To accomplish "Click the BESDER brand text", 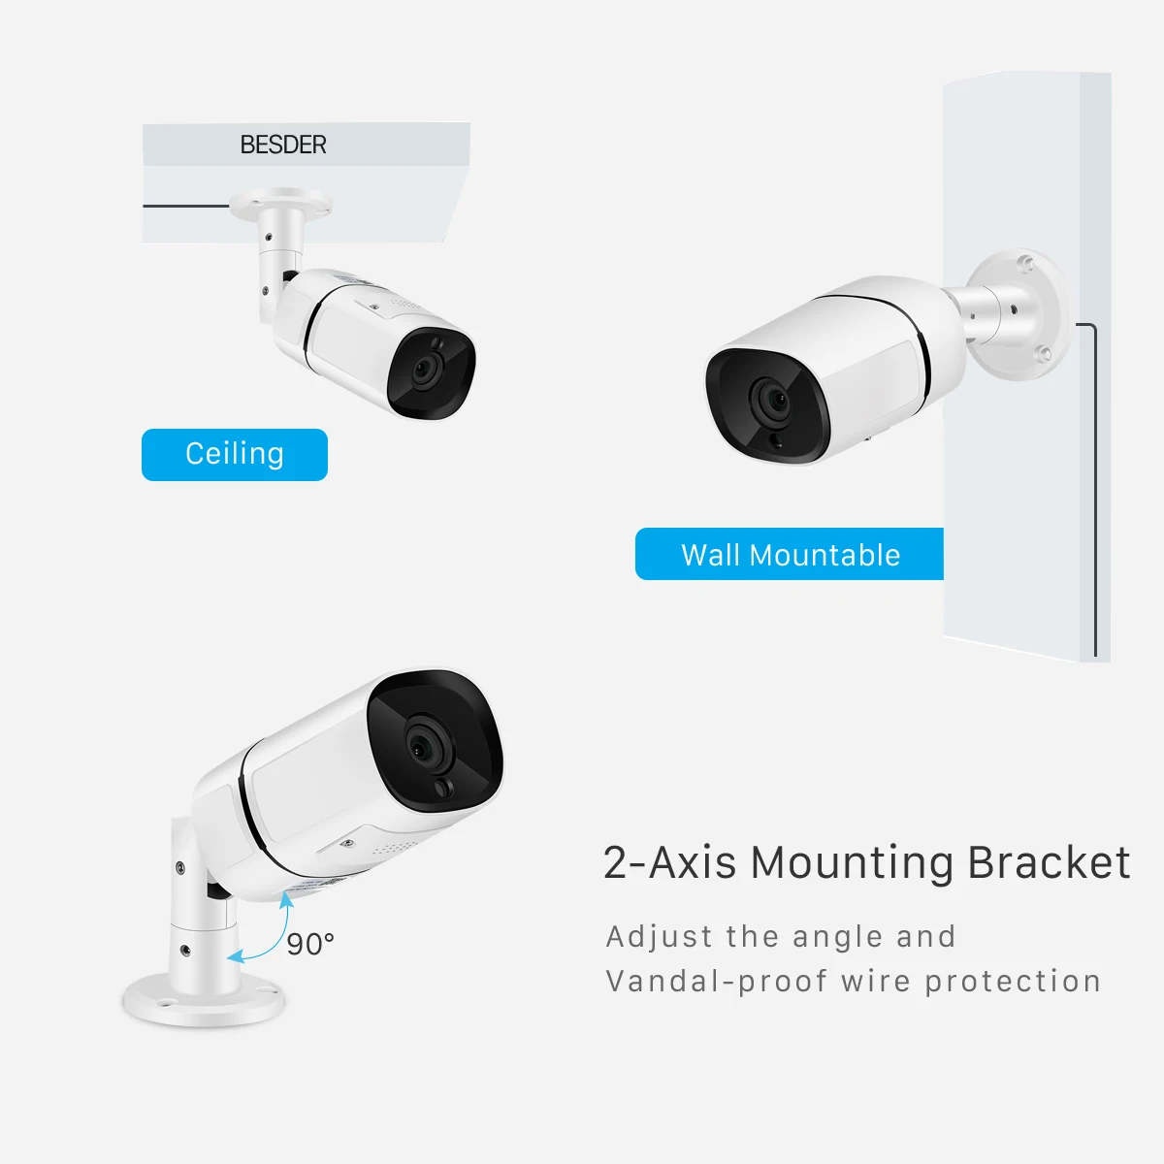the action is (x=283, y=145).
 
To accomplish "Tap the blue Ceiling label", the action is (x=235, y=454).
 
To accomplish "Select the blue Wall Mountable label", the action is (x=790, y=555).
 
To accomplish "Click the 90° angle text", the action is (x=310, y=943).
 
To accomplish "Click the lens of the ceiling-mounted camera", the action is (x=426, y=370).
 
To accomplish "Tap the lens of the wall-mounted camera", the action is (x=773, y=398).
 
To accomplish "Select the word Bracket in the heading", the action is (x=1050, y=862).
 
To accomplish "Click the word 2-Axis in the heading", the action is (x=669, y=862).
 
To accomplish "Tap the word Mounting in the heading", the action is (x=853, y=862).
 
